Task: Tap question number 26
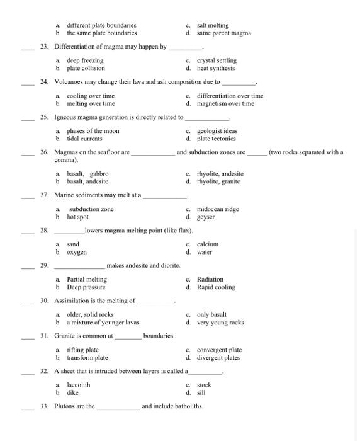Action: pos(44,152)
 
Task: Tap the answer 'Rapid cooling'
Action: pos(216,287)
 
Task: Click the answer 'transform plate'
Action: pos(87,358)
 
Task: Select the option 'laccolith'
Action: pos(78,385)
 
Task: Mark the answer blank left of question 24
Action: pos(28,83)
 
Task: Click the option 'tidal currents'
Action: pos(84,139)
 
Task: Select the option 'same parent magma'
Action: pos(223,33)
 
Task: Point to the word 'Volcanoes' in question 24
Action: pos(69,82)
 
